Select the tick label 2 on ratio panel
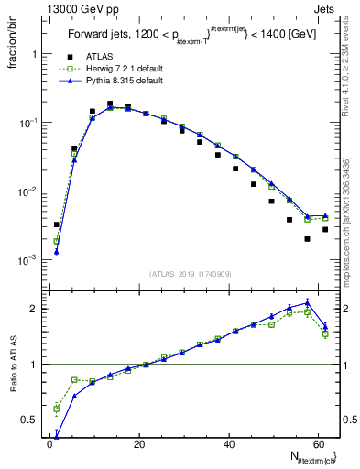point(33,309)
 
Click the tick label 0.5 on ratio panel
point(29,420)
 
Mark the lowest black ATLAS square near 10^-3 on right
point(307,239)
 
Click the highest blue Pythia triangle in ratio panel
point(307,302)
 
